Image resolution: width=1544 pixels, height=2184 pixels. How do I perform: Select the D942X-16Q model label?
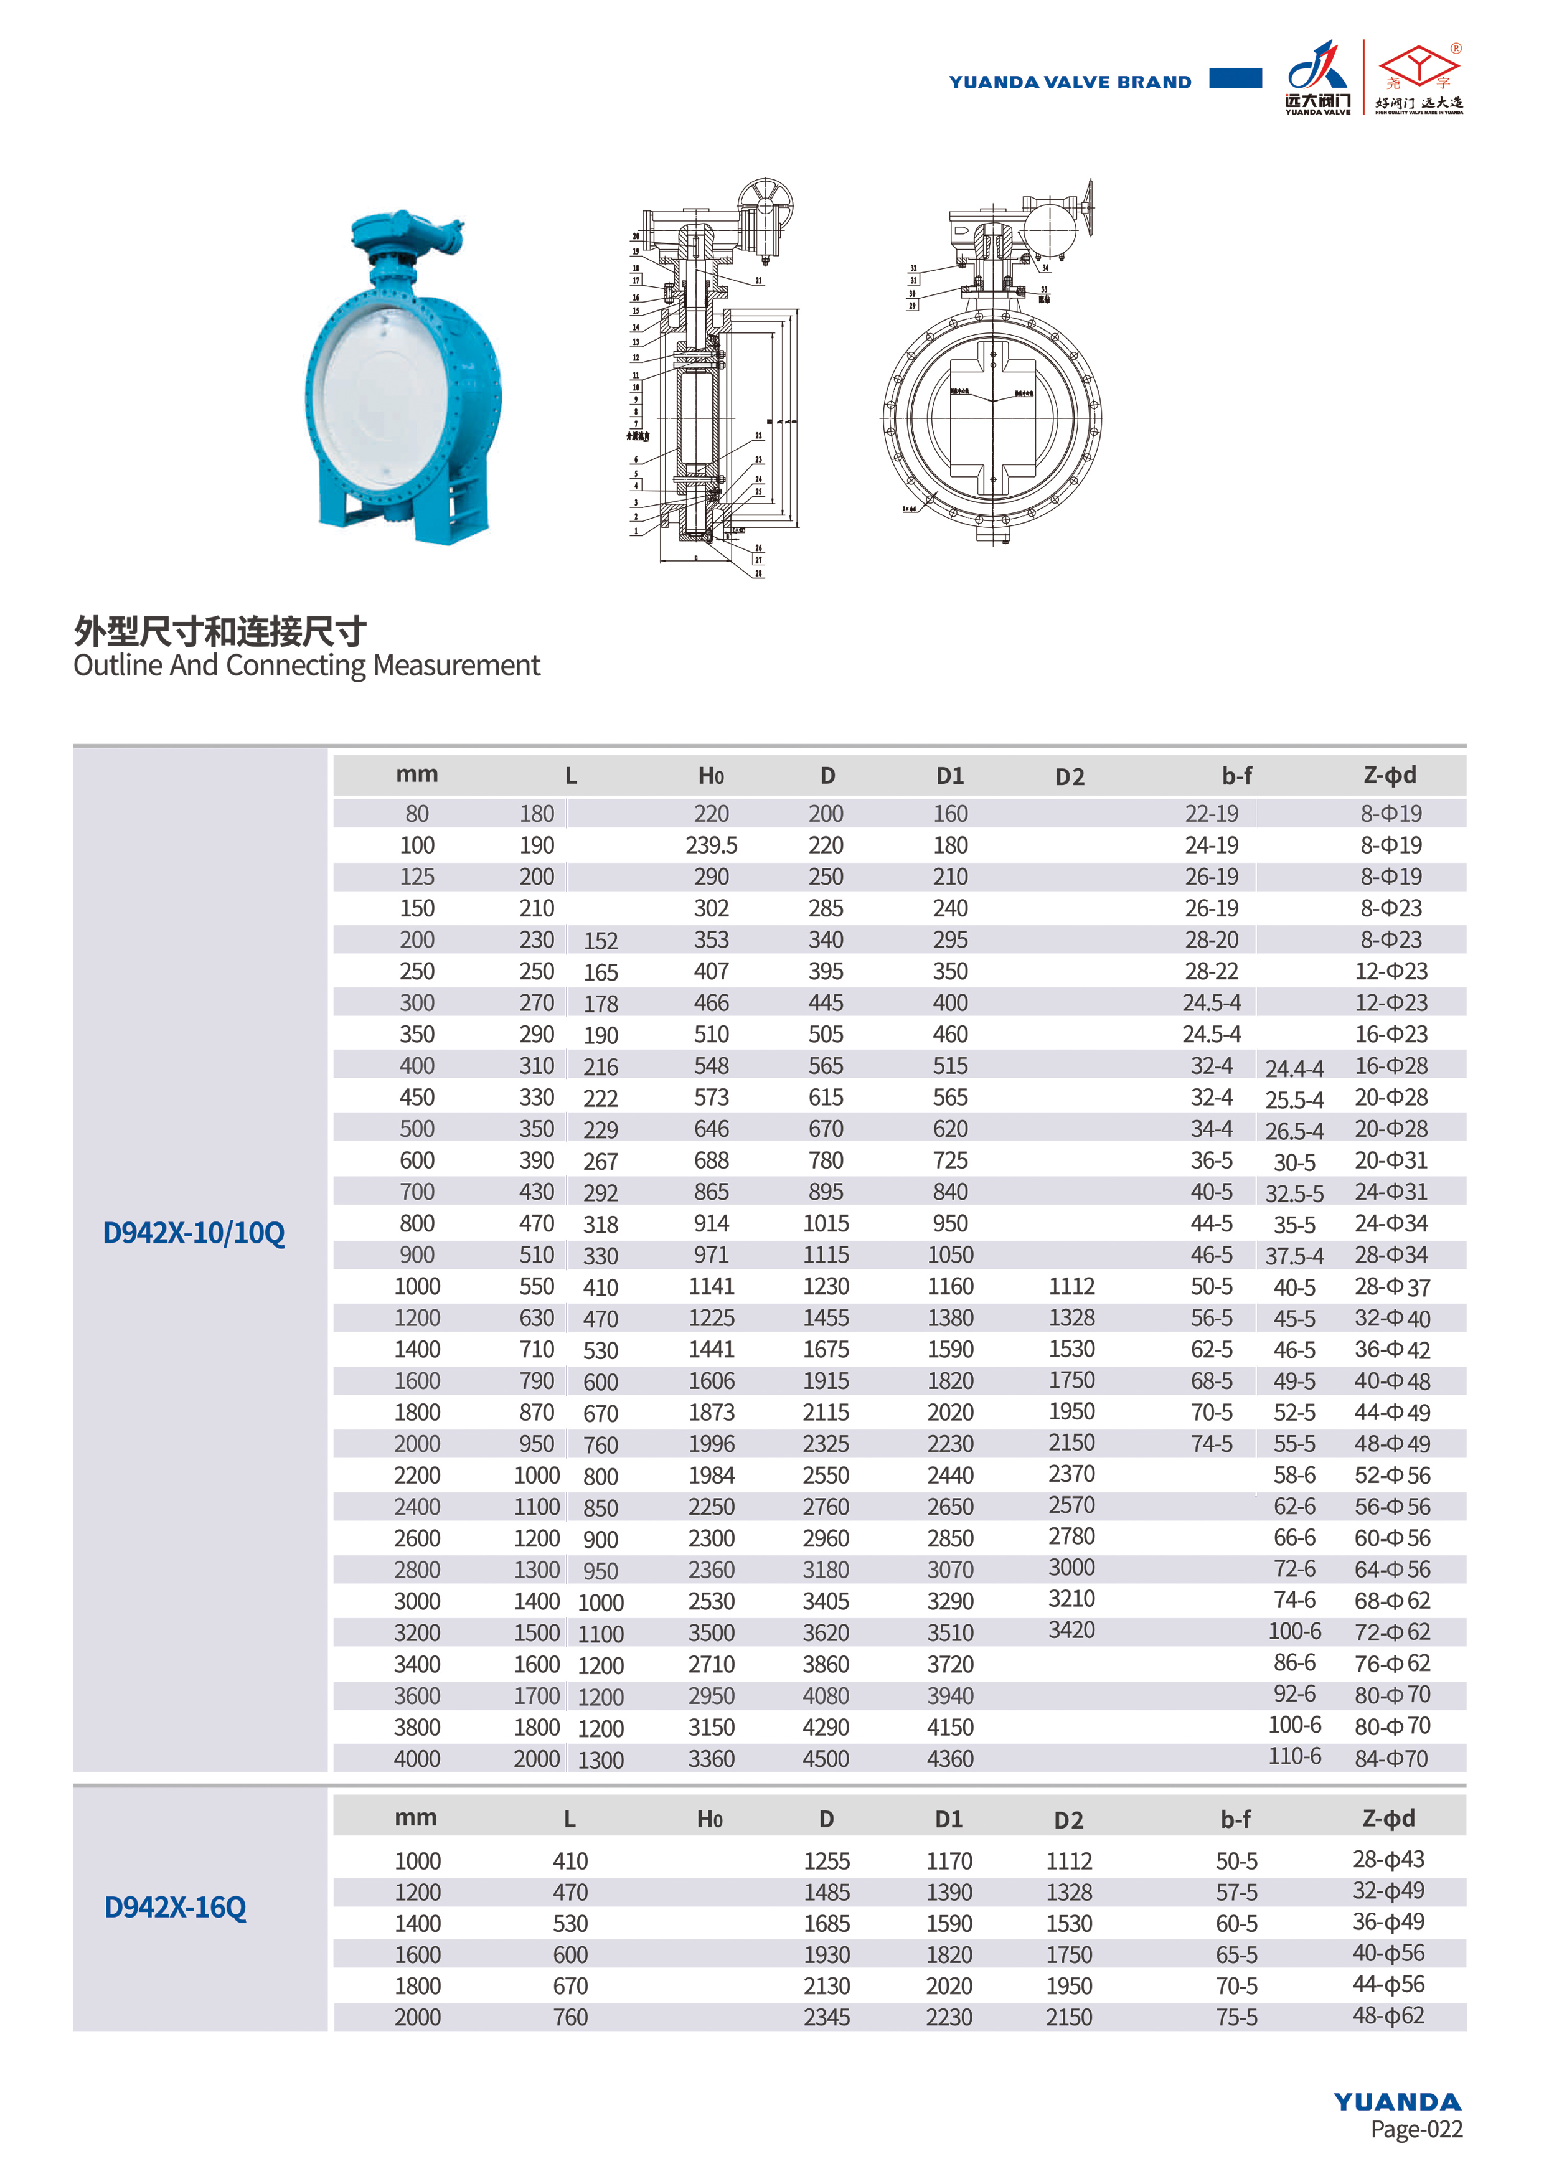(175, 1907)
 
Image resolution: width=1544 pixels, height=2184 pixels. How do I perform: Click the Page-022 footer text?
(1416, 2129)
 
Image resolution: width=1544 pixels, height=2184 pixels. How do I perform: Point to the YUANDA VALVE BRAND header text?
(1070, 82)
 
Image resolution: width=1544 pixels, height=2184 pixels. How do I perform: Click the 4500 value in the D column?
(826, 1759)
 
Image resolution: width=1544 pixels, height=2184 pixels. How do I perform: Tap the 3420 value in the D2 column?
(1071, 1631)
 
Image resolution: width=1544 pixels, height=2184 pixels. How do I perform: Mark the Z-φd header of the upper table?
(1389, 775)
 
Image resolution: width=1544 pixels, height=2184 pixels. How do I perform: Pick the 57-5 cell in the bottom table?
(1236, 1892)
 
